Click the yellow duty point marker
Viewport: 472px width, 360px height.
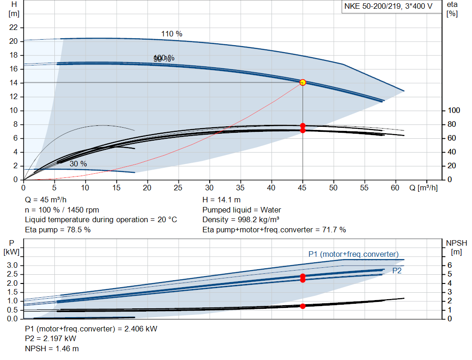point(303,83)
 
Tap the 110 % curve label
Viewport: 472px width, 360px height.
point(171,34)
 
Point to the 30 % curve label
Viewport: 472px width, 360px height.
point(78,164)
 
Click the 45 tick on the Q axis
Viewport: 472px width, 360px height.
point(303,188)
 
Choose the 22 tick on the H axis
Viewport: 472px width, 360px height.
point(14,28)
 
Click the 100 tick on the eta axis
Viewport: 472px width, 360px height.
point(454,111)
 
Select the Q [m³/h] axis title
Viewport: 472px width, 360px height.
point(423,188)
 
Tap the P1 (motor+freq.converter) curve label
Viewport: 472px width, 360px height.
point(353,254)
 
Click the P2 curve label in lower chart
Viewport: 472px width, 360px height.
point(397,271)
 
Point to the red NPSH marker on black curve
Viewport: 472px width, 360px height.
point(303,306)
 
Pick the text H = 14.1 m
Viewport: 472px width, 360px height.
point(222,200)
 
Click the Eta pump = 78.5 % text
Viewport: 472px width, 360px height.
point(58,230)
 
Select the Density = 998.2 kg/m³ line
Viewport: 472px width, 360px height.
point(241,219)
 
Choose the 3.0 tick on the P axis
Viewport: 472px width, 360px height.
point(13,265)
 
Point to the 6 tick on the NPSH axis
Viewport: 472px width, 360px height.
point(449,265)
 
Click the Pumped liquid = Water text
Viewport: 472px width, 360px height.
point(242,210)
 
